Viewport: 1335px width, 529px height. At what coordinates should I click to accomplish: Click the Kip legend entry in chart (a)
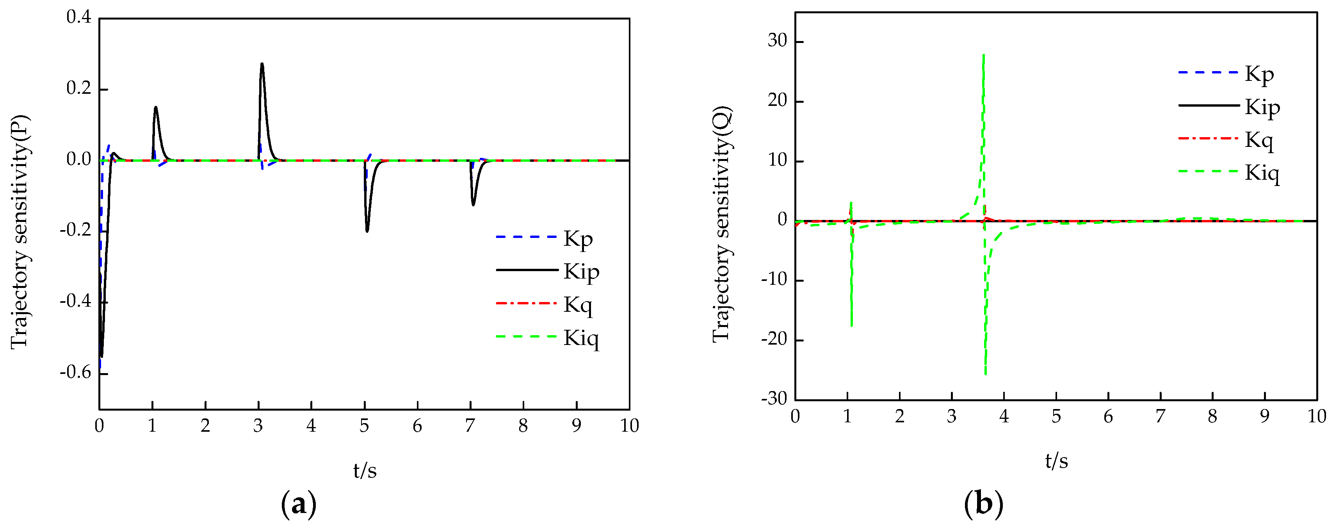[580, 271]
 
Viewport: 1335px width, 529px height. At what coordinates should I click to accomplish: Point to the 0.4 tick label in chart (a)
[79, 17]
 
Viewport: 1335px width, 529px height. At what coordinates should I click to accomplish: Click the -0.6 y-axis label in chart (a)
[76, 372]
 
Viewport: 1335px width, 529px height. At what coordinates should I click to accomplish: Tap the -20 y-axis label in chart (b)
[774, 340]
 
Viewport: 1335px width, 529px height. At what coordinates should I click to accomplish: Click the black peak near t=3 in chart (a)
[262, 64]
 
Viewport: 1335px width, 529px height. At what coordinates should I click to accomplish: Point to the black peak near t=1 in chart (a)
[155, 107]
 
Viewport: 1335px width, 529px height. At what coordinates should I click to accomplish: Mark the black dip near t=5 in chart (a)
[367, 231]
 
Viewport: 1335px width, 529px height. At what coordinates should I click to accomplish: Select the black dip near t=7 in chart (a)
[473, 205]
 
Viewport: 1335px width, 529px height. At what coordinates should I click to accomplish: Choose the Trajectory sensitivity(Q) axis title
[721, 224]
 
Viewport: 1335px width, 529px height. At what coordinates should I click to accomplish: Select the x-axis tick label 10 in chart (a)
[629, 426]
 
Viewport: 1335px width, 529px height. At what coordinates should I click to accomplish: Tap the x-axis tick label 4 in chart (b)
[1004, 416]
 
